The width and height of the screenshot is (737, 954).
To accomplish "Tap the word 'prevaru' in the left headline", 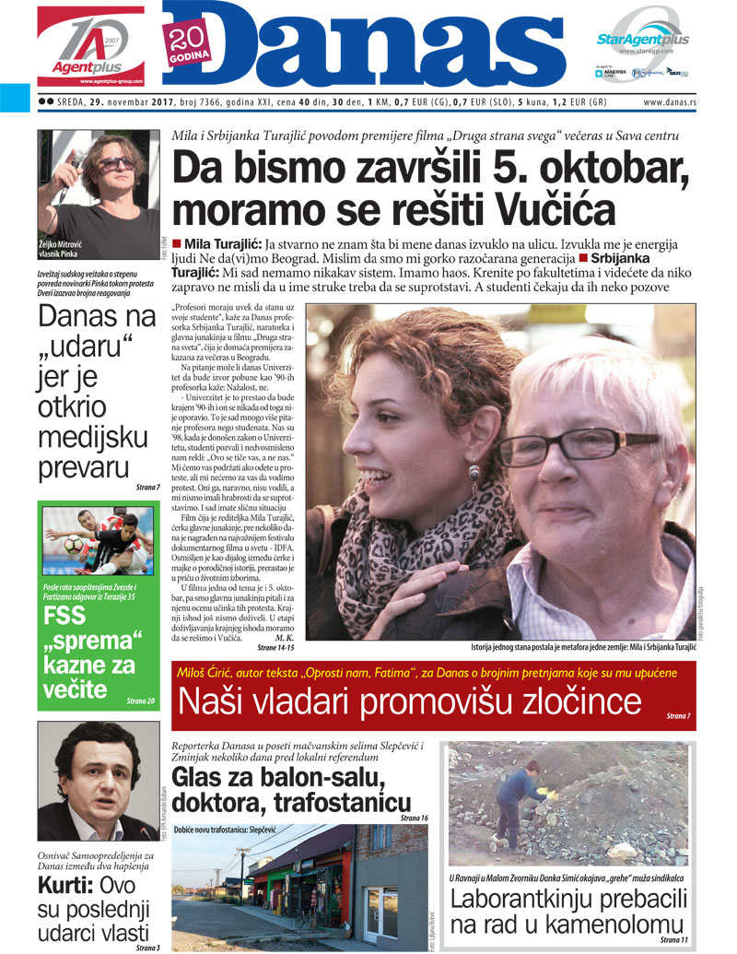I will coord(82,467).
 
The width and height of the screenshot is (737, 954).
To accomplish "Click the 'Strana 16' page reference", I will coord(414,818).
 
